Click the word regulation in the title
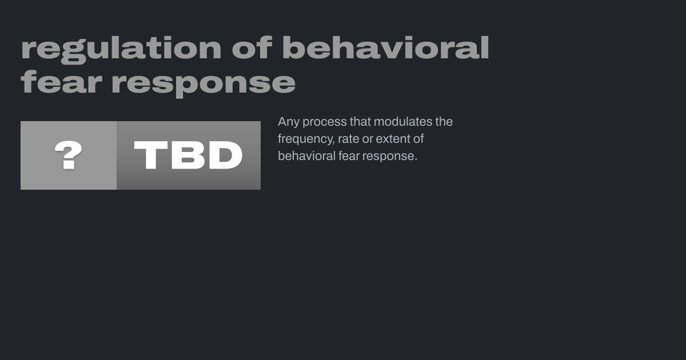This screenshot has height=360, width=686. (121, 49)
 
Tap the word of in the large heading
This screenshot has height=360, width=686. (252, 47)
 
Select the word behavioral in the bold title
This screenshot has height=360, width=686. (385, 47)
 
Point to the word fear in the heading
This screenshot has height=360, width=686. (61, 81)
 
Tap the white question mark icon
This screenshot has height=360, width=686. (68, 155)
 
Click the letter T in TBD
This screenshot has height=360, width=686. (151, 155)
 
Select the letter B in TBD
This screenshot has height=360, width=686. (188, 155)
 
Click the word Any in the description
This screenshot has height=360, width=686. (289, 122)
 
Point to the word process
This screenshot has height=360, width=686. (325, 122)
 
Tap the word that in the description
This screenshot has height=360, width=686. (360, 122)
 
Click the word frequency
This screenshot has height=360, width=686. (306, 139)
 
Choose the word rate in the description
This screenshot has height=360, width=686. (349, 139)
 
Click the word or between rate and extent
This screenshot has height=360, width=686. (368, 140)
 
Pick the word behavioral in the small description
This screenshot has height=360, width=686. (306, 156)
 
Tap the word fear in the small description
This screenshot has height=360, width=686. (349, 156)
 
